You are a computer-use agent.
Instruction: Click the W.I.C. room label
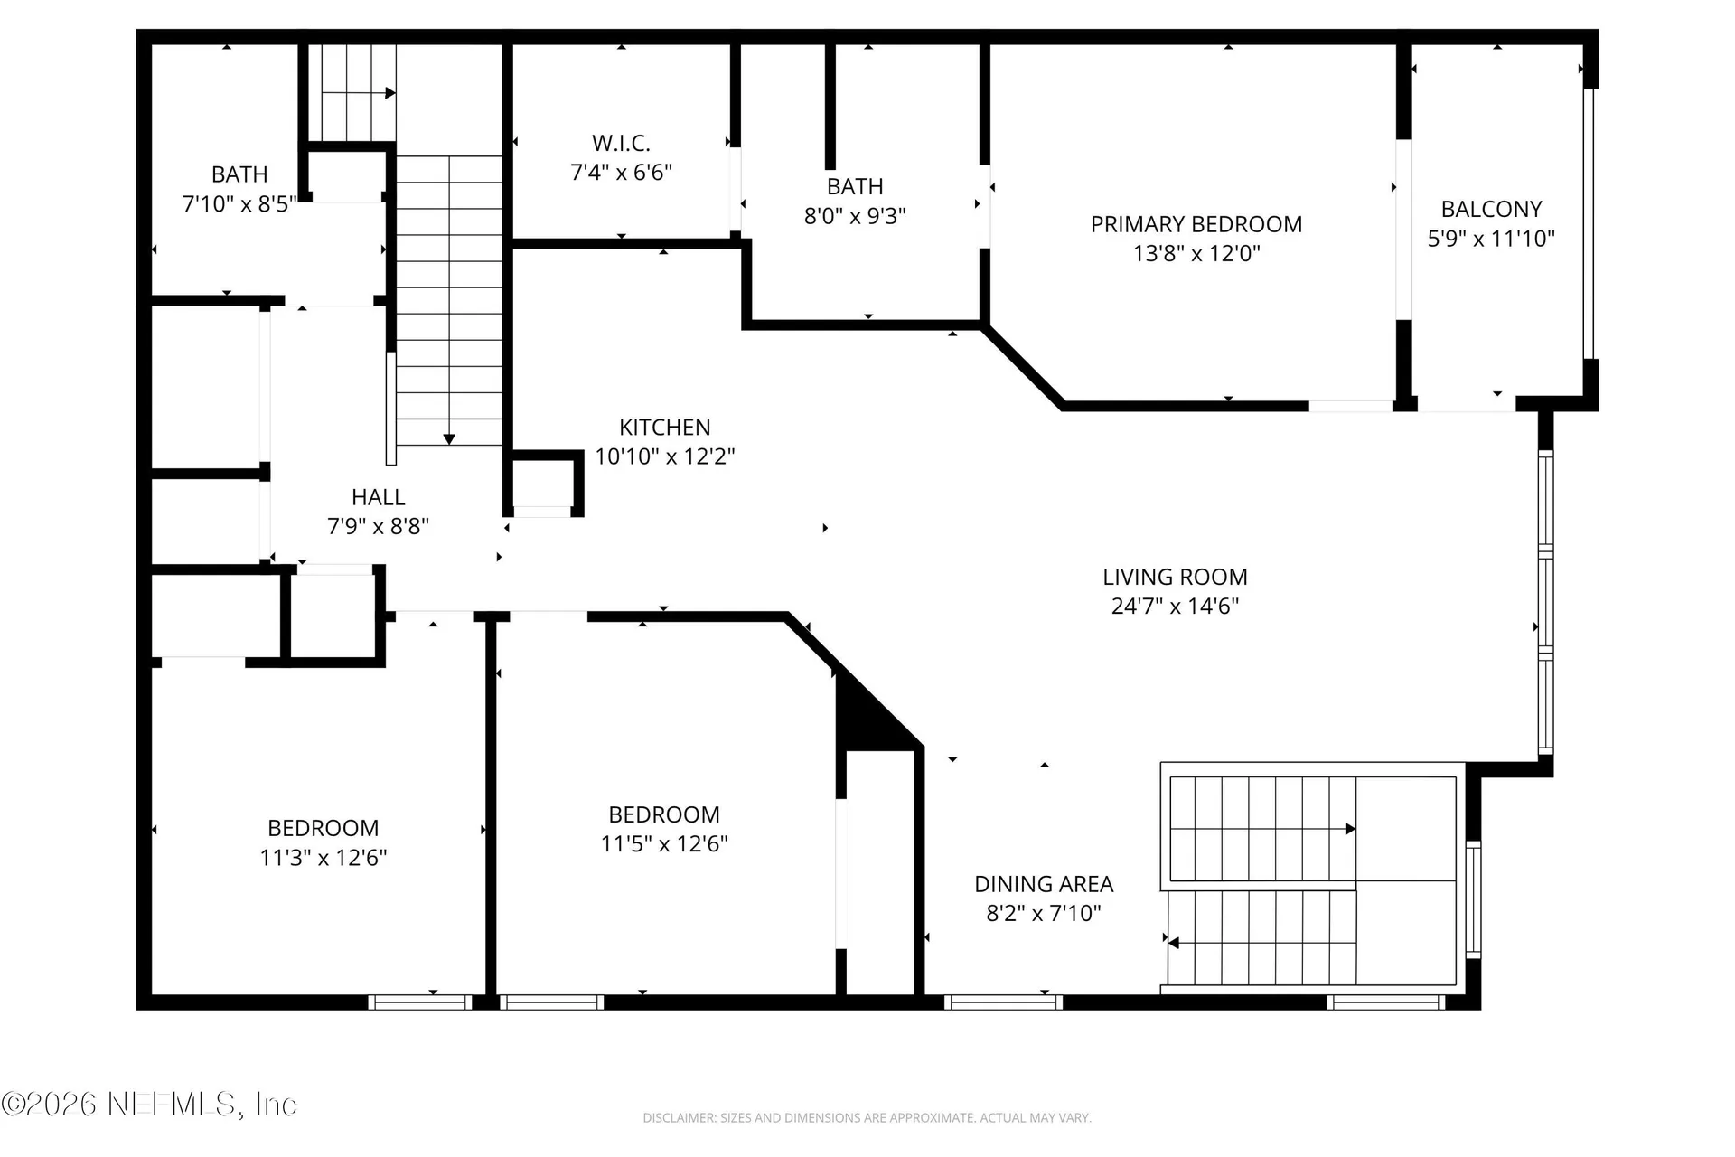621,143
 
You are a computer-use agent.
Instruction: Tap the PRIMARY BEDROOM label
1196,224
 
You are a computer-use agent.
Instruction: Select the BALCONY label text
1491,209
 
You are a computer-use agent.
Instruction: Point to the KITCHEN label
665,427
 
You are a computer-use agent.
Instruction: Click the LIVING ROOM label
1175,577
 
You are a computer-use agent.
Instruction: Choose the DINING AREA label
1044,884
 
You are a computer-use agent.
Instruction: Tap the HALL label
378,497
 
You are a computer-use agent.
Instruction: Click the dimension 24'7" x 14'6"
1175,607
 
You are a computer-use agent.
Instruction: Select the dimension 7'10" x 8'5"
239,204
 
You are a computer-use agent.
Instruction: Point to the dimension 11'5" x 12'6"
664,844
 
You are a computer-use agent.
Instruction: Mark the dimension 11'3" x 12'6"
324,858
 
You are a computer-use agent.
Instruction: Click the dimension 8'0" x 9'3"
855,216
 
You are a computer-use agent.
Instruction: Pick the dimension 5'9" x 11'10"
1491,239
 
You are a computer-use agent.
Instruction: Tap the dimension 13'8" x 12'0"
1196,254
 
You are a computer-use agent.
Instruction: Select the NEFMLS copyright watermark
149,1104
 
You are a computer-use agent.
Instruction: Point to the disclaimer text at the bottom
867,1118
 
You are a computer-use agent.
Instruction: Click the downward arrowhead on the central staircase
449,439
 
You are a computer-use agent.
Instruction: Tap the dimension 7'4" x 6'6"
621,173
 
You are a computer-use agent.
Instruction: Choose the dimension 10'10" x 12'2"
665,456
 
